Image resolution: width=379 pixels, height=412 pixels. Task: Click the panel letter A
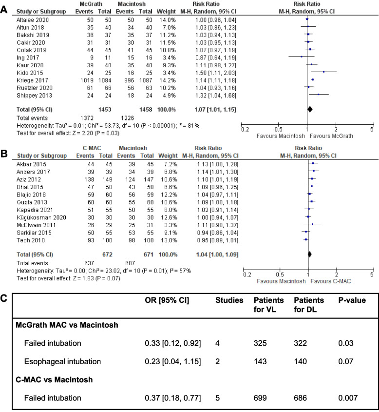[x=6, y=6]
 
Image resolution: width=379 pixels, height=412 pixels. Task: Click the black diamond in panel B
[x=309, y=254]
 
